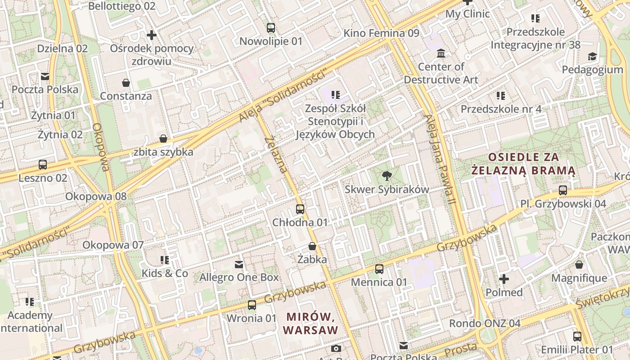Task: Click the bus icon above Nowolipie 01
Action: [x=270, y=28]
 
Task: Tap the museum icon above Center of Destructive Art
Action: [x=441, y=53]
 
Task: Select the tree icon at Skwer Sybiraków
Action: [x=387, y=176]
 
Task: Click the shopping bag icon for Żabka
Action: [x=312, y=246]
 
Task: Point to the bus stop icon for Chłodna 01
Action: [x=300, y=209]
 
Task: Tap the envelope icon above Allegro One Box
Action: [x=239, y=264]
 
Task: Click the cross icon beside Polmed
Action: [x=504, y=279]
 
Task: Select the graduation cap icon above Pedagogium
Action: [x=592, y=57]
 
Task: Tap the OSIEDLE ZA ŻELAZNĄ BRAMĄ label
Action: [x=523, y=164]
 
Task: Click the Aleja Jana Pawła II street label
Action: [x=440, y=164]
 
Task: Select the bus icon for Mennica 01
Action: [x=379, y=269]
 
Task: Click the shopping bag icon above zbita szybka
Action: [x=163, y=139]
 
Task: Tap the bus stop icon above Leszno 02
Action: [x=43, y=165]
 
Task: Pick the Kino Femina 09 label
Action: [x=381, y=33]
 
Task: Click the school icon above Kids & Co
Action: [x=165, y=260]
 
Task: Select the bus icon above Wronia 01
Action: [x=252, y=305]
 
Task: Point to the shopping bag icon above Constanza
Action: [x=126, y=83]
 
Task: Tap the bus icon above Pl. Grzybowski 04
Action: [x=562, y=190]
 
